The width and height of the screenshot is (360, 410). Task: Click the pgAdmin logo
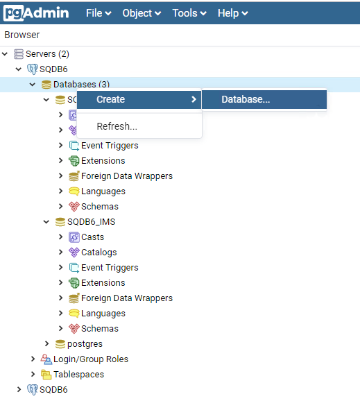pyautogui.click(x=36, y=12)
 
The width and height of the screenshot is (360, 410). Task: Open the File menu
pyautogui.click(x=98, y=13)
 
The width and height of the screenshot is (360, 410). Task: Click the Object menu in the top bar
pyautogui.click(x=142, y=13)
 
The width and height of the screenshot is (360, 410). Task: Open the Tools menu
pyautogui.click(x=189, y=13)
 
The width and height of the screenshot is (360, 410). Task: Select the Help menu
pyautogui.click(x=232, y=13)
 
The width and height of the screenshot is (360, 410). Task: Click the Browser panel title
pyautogui.click(x=22, y=35)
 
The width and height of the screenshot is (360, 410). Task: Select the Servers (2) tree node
pyautogui.click(x=47, y=54)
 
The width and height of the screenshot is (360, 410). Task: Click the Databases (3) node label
pyautogui.click(x=81, y=84)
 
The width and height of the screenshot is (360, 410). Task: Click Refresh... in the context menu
pyautogui.click(x=117, y=126)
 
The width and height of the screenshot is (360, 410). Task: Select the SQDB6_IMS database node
pyautogui.click(x=92, y=222)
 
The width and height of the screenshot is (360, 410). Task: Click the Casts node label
pyautogui.click(x=92, y=237)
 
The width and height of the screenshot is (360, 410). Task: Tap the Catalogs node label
pyautogui.click(x=98, y=253)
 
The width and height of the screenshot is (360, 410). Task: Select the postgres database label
pyautogui.click(x=85, y=344)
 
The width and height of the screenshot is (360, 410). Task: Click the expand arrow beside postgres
pyautogui.click(x=46, y=343)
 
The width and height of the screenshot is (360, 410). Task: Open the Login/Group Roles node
pyautogui.click(x=91, y=359)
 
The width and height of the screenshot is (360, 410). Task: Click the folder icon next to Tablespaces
pyautogui.click(x=46, y=375)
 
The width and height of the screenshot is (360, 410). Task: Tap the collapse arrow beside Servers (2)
pyautogui.click(x=5, y=54)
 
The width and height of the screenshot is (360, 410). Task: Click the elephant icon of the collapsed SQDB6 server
pyautogui.click(x=33, y=390)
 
